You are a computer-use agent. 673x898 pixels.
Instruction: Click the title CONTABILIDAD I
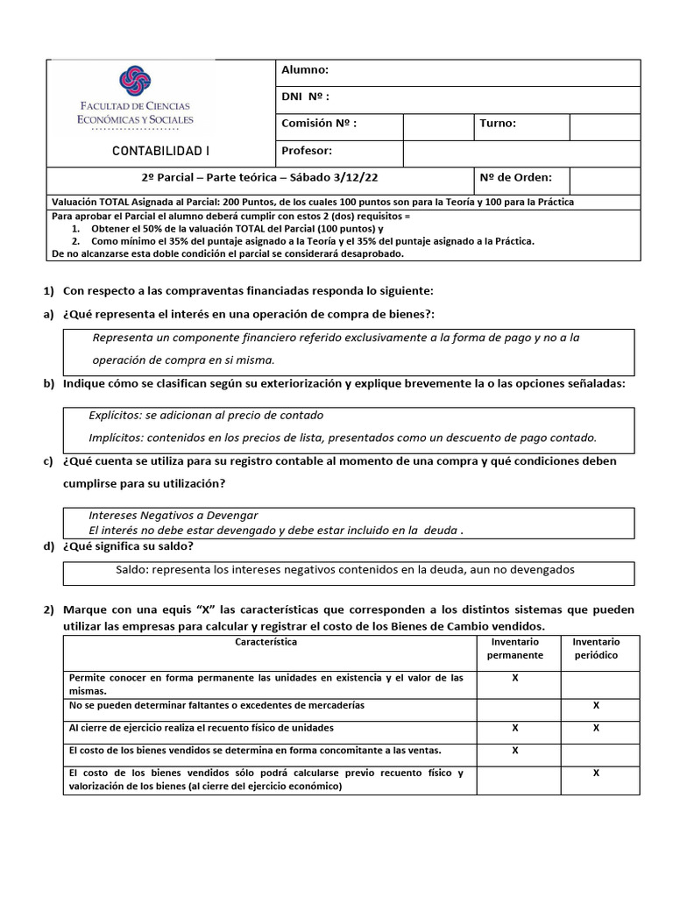pos(161,151)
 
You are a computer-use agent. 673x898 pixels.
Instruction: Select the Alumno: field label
pos(305,70)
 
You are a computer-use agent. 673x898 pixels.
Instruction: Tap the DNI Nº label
pos(306,96)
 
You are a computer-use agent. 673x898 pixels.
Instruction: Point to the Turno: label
pos(498,124)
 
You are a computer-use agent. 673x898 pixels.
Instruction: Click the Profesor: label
pos(307,151)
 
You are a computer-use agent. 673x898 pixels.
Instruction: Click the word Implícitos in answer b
pos(116,437)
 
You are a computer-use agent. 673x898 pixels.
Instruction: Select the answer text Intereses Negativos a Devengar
pos(174,516)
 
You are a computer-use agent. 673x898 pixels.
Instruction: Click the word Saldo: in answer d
pos(133,569)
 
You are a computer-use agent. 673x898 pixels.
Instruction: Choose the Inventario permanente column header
pos(514,649)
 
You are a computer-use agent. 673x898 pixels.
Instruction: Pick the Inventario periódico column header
pos(595,649)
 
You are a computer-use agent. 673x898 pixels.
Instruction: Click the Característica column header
pos(267,642)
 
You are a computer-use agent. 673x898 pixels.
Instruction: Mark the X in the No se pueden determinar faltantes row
pos(596,705)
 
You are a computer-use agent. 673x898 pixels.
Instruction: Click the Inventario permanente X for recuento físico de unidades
pos(514,728)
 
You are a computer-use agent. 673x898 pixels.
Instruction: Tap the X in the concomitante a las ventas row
pos(514,750)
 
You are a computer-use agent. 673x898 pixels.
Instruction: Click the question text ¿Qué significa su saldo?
pos(128,546)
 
